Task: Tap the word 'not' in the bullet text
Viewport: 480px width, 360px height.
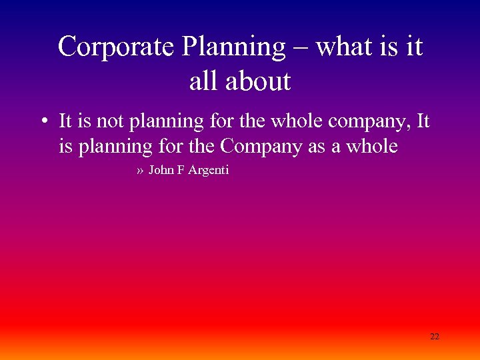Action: pyautogui.click(x=105, y=122)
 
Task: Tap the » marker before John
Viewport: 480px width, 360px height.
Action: pyautogui.click(x=140, y=171)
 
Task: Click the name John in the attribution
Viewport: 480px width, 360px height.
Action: pyautogui.click(x=161, y=170)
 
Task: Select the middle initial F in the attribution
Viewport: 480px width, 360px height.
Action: pyautogui.click(x=180, y=170)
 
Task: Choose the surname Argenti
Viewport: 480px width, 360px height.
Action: pyautogui.click(x=208, y=171)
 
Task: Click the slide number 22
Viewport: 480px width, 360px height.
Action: pyautogui.click(x=434, y=336)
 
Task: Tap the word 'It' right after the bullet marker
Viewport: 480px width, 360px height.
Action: pyautogui.click(x=65, y=122)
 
